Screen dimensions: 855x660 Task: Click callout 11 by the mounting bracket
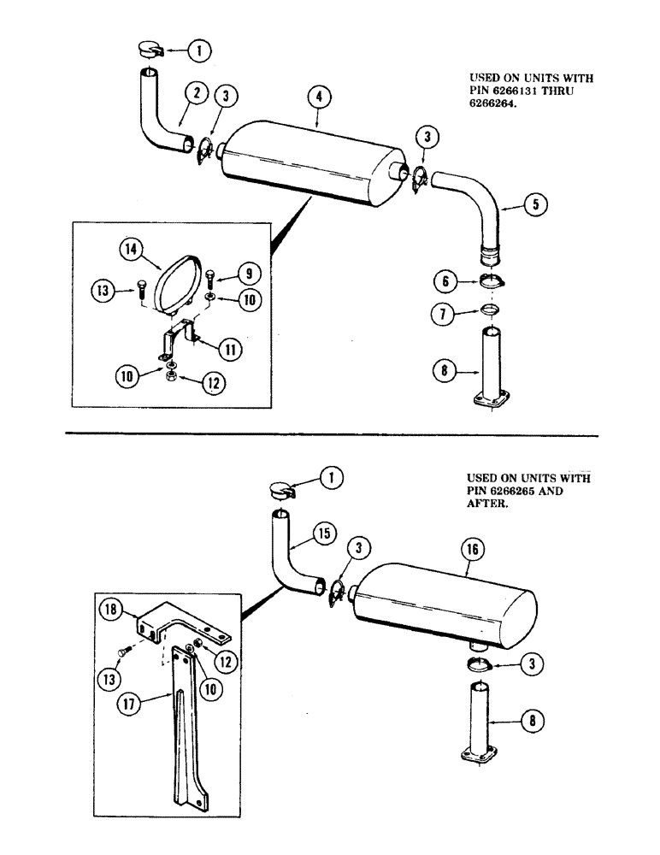click(230, 348)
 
